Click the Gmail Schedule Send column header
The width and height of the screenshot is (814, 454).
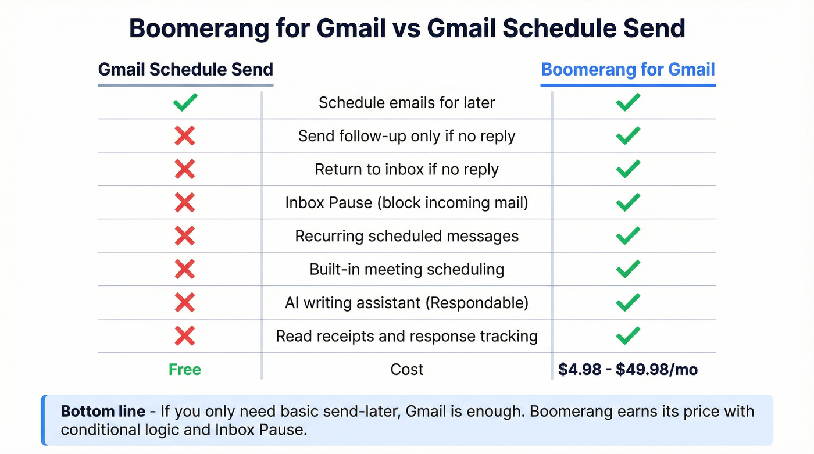[185, 70]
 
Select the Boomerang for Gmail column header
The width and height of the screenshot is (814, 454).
[628, 70]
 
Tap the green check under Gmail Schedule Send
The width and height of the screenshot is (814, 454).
[185, 103]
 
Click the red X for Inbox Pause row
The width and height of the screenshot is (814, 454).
[185, 203]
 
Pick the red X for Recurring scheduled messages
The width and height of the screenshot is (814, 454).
[185, 236]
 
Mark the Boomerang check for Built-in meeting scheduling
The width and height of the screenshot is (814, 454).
[628, 269]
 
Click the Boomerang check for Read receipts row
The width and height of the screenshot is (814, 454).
[628, 336]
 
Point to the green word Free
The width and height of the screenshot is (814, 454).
[185, 370]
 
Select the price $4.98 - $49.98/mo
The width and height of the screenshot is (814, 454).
[628, 370]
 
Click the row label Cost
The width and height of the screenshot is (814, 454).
[407, 370]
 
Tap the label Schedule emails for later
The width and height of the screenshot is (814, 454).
[407, 103]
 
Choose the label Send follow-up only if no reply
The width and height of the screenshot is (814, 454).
[407, 136]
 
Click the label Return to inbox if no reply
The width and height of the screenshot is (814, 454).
[407, 170]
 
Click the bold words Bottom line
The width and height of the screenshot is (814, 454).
[103, 412]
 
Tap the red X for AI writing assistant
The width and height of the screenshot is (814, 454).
[185, 302]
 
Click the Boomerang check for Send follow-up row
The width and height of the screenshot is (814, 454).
[628, 136]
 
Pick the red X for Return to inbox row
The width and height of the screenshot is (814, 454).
[185, 170]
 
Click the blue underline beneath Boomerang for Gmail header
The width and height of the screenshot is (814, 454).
[628, 85]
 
